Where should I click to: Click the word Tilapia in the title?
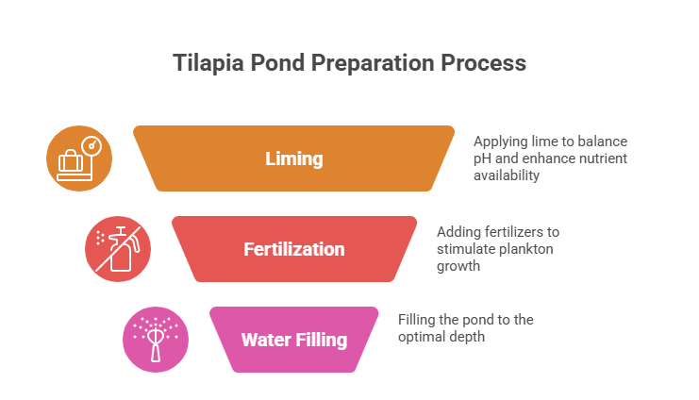205,64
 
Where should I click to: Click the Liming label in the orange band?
293,159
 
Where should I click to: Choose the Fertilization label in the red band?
293,250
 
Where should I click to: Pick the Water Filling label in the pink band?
293,340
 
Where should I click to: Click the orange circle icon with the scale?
79,158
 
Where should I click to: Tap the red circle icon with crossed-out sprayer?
118,249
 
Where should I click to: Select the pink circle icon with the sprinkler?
156,340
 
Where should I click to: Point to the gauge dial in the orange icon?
92,145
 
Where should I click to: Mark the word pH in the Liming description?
482,158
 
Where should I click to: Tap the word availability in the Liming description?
506,175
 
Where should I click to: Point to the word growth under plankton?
458,266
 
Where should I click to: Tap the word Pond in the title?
274,64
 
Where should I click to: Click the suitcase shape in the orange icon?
71,164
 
